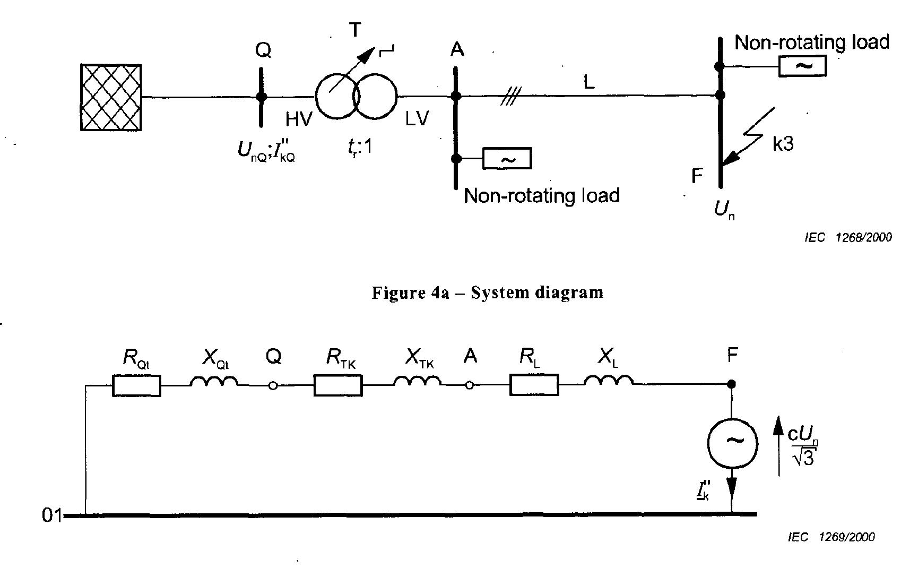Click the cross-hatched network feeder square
[111, 97]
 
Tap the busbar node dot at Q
[261, 97]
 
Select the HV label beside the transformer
[299, 119]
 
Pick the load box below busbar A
[507, 159]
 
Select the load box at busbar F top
[802, 67]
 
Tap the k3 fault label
[783, 143]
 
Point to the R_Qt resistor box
[136, 386]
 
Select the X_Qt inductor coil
[214, 382]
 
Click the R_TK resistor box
[338, 386]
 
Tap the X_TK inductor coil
[418, 382]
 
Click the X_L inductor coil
[608, 381]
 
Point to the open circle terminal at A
[469, 386]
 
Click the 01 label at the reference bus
[52, 515]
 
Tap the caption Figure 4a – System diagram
[487, 292]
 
